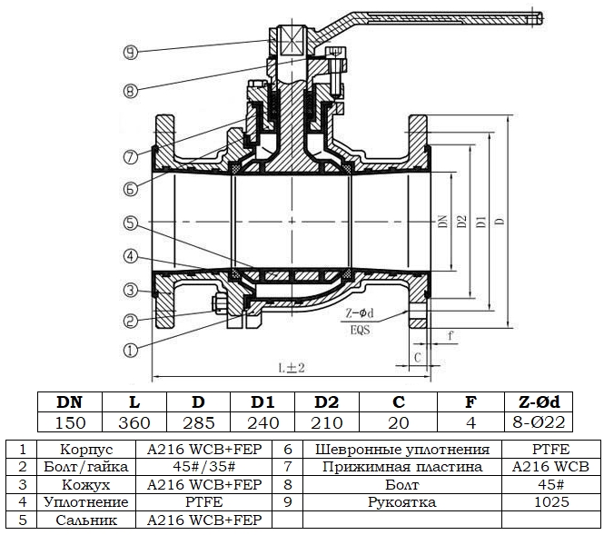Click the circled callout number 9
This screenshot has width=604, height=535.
tap(131, 52)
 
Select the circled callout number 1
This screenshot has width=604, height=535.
tap(131, 350)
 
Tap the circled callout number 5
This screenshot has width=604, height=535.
tap(131, 223)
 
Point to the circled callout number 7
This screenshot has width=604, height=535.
tap(131, 157)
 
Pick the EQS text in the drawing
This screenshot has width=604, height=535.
tap(361, 330)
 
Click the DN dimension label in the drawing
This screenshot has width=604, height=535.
tap(443, 221)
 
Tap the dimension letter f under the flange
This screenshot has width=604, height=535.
tap(450, 335)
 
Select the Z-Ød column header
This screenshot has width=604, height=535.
tap(539, 402)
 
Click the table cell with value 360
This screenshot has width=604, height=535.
tap(134, 423)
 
